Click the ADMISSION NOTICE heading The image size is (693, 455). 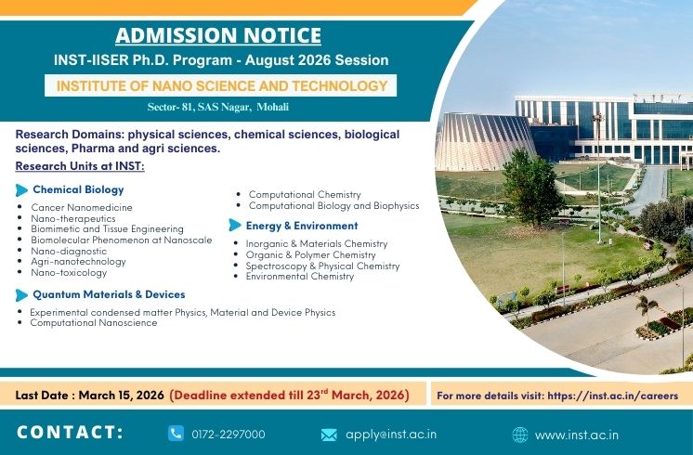click(x=218, y=36)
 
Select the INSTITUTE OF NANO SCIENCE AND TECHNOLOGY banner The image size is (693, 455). click(x=222, y=85)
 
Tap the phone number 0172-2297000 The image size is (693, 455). click(x=229, y=435)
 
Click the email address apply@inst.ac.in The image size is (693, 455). click(x=391, y=435)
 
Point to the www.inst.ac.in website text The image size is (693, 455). click(x=577, y=435)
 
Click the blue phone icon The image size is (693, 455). click(x=177, y=434)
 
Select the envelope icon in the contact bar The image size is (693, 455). click(x=329, y=435)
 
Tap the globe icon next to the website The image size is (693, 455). click(x=520, y=435)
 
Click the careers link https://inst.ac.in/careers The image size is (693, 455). click(x=613, y=396)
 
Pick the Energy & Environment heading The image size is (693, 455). click(x=301, y=226)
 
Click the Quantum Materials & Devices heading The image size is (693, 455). click(x=108, y=294)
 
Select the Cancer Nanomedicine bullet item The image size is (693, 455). click(x=82, y=207)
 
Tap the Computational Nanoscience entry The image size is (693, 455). click(x=94, y=323)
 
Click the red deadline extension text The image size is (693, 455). click(x=289, y=395)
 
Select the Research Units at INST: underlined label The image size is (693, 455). click(x=80, y=166)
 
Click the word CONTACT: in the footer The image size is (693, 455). click(x=71, y=433)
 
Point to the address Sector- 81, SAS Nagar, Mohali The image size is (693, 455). click(x=218, y=108)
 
